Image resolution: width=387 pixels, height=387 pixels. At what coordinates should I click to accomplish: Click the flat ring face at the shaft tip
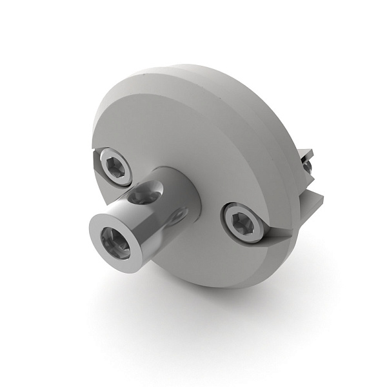point(104,231)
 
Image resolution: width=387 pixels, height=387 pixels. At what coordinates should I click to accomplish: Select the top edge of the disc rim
point(193,68)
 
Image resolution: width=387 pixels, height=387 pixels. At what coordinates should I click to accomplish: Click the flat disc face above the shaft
point(187,129)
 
